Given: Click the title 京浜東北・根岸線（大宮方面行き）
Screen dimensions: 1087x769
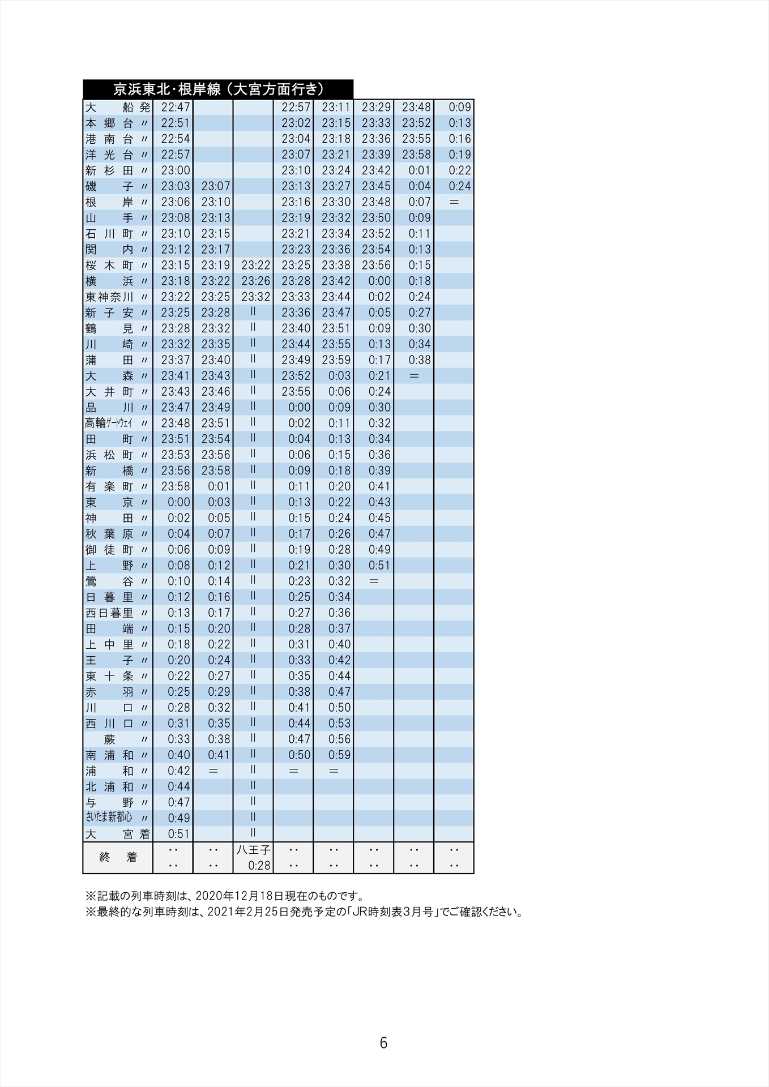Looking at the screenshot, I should coord(218,89).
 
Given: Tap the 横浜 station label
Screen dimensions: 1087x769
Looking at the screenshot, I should coord(110,281).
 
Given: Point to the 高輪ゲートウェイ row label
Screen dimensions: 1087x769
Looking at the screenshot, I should coord(109,423).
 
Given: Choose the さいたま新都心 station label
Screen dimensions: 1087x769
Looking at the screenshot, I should coord(109,818).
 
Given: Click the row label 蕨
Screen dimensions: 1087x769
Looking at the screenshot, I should coord(110,739).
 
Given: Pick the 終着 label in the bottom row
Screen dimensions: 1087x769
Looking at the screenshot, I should coord(118,857).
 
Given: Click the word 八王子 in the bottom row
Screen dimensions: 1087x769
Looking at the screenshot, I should coord(254,850).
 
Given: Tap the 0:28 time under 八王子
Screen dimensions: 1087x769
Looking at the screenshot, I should coord(259,866).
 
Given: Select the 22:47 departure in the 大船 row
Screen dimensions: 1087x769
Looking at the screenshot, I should coord(176,107).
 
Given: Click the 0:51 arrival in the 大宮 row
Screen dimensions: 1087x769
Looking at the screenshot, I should coord(179,833).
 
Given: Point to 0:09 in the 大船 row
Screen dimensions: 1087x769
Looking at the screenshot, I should coord(460,107).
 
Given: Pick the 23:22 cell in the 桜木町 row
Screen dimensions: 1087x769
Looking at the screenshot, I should coord(256,265).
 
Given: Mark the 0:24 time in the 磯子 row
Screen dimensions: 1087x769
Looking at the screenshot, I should coord(460,186).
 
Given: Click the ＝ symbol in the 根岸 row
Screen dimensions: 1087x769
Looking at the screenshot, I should coord(454,202).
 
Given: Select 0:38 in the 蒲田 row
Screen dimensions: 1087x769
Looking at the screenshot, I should coord(420,360).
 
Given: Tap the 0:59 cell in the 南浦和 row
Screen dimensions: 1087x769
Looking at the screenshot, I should coord(340,755).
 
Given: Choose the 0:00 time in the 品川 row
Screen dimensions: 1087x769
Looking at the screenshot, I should coord(300,407).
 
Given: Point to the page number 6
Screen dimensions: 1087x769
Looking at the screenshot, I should coord(383,1043).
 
